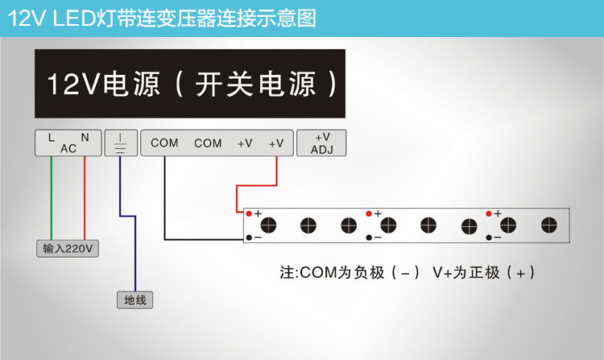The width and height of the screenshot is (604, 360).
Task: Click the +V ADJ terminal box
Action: tap(321, 143)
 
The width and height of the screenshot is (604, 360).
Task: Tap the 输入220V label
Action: tap(68, 248)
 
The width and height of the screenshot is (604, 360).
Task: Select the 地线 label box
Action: tap(134, 300)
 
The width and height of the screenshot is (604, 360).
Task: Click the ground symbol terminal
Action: tap(121, 143)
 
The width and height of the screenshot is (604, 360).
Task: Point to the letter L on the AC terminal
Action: tap(52, 138)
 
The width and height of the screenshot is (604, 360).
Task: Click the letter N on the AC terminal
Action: tap(85, 138)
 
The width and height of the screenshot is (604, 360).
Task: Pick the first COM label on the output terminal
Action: tap(164, 143)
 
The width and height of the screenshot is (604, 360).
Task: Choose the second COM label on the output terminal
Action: tap(208, 143)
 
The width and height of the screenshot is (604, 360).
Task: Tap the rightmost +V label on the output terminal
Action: tap(276, 143)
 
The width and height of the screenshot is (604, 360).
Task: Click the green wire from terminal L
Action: tap(52, 198)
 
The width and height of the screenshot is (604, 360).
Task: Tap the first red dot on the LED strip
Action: tap(249, 213)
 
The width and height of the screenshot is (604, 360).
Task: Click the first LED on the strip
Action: tap(268, 226)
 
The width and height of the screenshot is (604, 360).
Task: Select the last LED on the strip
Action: tap(549, 226)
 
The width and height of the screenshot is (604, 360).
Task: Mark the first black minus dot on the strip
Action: tap(249, 238)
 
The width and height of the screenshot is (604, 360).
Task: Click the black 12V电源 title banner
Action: tap(190, 84)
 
